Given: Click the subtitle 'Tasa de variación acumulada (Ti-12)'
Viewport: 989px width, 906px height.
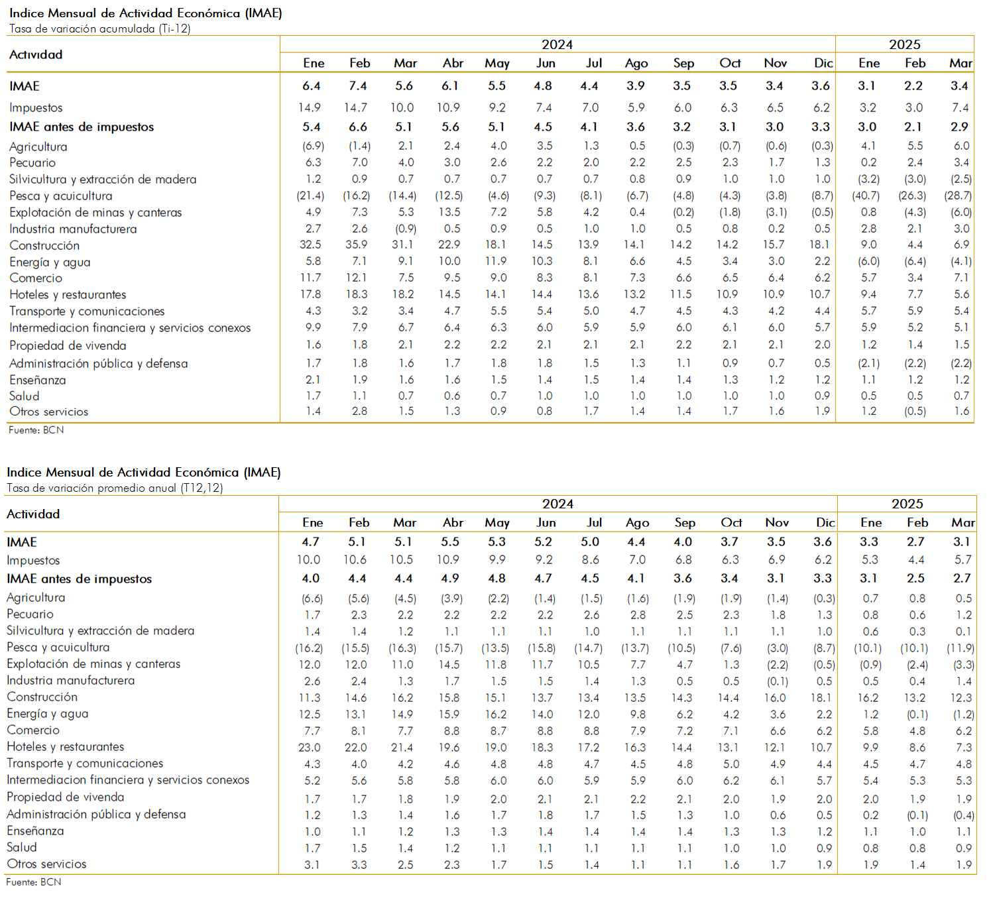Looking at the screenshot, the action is pos(99,28).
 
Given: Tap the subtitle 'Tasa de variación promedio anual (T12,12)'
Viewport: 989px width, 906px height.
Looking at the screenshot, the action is pos(115,488).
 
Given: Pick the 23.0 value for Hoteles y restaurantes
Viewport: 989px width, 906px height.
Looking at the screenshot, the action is pos(310,748).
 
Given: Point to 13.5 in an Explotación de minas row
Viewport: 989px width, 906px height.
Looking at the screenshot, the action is pos(452,212).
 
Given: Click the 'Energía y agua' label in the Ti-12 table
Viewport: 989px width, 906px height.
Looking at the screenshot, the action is pos(50,262).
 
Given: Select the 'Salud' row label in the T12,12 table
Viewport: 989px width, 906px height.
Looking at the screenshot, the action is pos(22,847).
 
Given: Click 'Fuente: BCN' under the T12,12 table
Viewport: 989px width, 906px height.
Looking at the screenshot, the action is pos(34,882).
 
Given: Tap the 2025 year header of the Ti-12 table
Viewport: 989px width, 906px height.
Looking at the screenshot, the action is pos(905,44).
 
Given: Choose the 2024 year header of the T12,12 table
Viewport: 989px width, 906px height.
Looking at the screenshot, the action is pos(558,504).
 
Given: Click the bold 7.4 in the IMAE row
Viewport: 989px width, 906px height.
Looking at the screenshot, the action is pos(358,85).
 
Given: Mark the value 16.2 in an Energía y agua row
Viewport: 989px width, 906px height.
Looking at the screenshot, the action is pos(496,714).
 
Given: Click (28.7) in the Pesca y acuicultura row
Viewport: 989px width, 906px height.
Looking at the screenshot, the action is pos(958,196).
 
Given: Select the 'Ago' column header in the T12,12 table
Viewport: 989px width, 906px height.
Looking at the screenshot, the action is pos(638,523).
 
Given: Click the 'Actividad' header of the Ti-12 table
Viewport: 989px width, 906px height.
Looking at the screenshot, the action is pos(36,54).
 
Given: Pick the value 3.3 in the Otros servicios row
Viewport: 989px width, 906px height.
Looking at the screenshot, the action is pos(359,865).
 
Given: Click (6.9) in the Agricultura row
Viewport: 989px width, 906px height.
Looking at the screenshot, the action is pos(313,146).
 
